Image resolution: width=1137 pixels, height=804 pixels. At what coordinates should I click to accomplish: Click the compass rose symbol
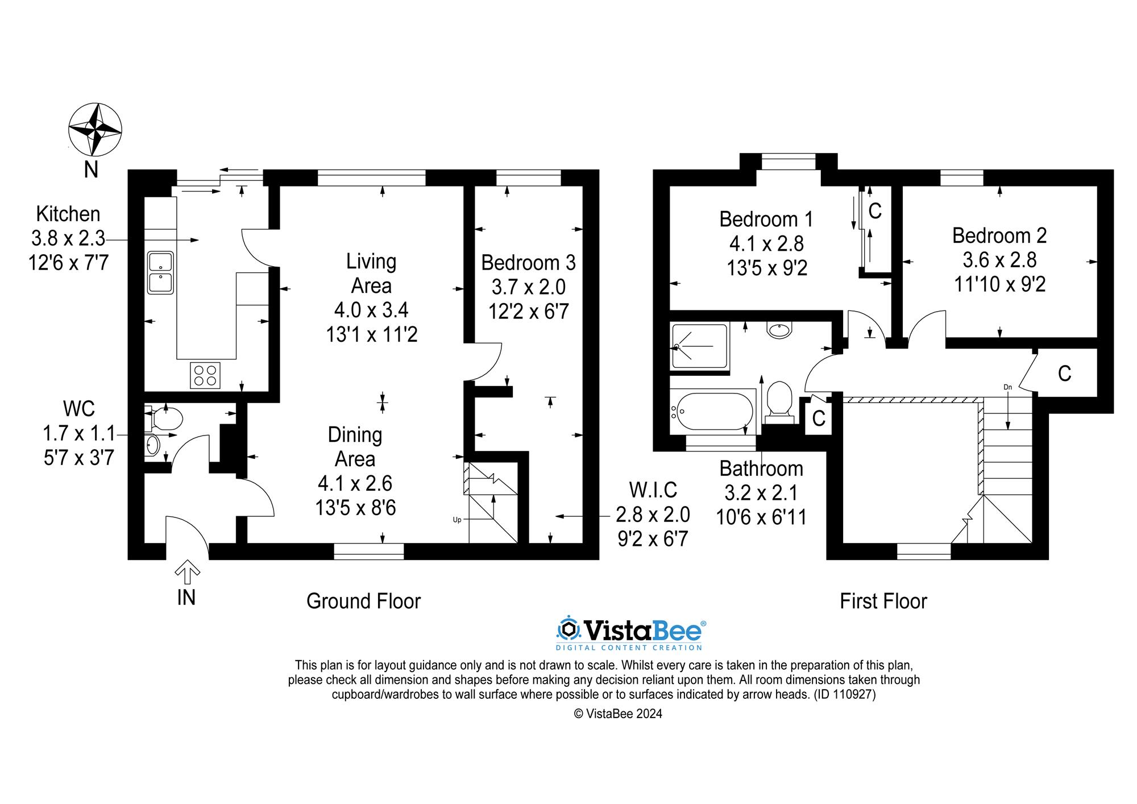[95, 130]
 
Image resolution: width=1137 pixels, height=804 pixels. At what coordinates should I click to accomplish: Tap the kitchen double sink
[160, 272]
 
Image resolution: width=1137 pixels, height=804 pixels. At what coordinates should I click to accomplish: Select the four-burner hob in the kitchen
[205, 375]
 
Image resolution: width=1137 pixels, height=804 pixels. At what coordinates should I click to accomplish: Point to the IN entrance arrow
[186, 573]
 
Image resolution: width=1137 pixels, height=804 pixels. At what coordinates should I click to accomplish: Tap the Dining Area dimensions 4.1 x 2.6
[355, 483]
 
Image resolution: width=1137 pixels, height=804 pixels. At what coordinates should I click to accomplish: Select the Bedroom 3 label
[528, 263]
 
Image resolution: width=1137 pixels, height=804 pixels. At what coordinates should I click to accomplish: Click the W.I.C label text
[653, 490]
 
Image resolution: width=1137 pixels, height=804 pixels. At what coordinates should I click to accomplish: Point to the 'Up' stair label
[457, 519]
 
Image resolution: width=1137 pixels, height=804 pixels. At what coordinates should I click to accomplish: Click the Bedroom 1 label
[766, 219]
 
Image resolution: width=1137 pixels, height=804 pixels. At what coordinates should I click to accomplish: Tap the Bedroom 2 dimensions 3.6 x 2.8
[999, 260]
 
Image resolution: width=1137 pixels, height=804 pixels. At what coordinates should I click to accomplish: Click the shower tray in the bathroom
[699, 346]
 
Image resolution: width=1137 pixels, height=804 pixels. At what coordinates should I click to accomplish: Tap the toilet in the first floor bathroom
[779, 400]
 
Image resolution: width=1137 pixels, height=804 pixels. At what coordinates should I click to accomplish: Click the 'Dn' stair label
[1007, 387]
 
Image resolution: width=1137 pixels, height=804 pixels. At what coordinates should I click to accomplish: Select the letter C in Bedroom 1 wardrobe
[875, 211]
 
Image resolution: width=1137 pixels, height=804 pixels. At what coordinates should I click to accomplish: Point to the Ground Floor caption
[363, 601]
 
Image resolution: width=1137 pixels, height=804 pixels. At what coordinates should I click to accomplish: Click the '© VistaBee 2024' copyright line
[618, 714]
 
